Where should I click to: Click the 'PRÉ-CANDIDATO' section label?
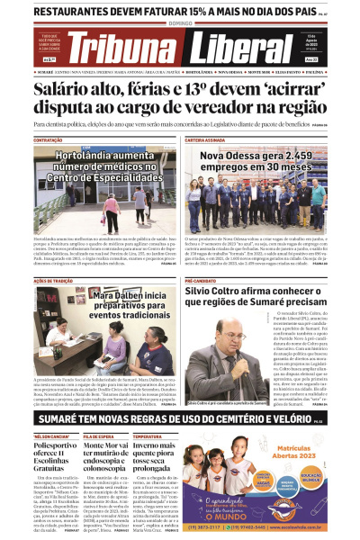click(203, 282)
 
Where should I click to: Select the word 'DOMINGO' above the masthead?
click(180, 25)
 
